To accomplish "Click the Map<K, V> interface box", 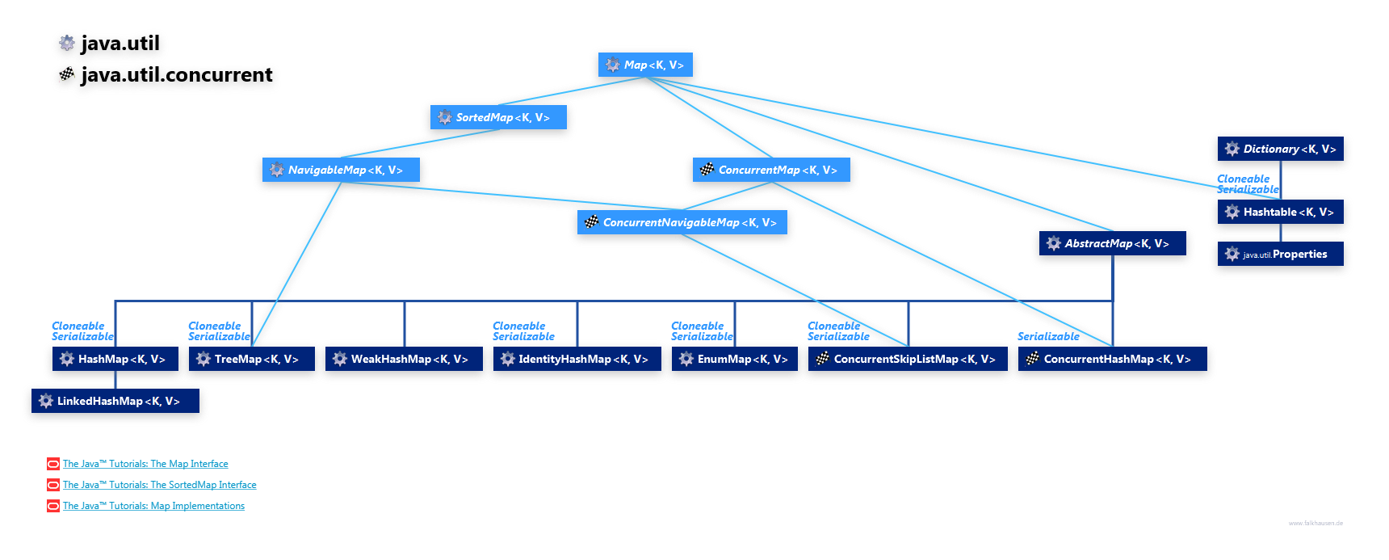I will click(645, 65).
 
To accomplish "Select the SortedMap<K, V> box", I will click(498, 118).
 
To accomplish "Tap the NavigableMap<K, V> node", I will click(341, 171).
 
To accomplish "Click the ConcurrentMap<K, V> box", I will click(772, 171).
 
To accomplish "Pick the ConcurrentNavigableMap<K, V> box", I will click(682, 223).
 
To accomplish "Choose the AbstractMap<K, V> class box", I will click(1112, 244).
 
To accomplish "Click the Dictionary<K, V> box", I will click(1281, 149).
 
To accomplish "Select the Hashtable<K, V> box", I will click(1281, 213).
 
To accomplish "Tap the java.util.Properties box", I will click(1281, 255).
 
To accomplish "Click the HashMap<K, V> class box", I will click(115, 360).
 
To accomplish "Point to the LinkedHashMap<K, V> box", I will click(115, 402).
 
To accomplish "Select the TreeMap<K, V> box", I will click(252, 360).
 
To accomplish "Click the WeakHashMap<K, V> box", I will click(405, 360).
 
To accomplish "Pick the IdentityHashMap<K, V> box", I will click(577, 360).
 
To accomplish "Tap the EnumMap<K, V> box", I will click(735, 360).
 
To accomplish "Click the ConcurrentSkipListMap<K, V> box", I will click(909, 360).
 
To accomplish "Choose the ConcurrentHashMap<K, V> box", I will click(1112, 360).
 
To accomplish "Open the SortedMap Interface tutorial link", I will click(159, 485).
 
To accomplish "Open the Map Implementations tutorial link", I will click(153, 506).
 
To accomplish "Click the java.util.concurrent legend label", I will click(176, 75).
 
